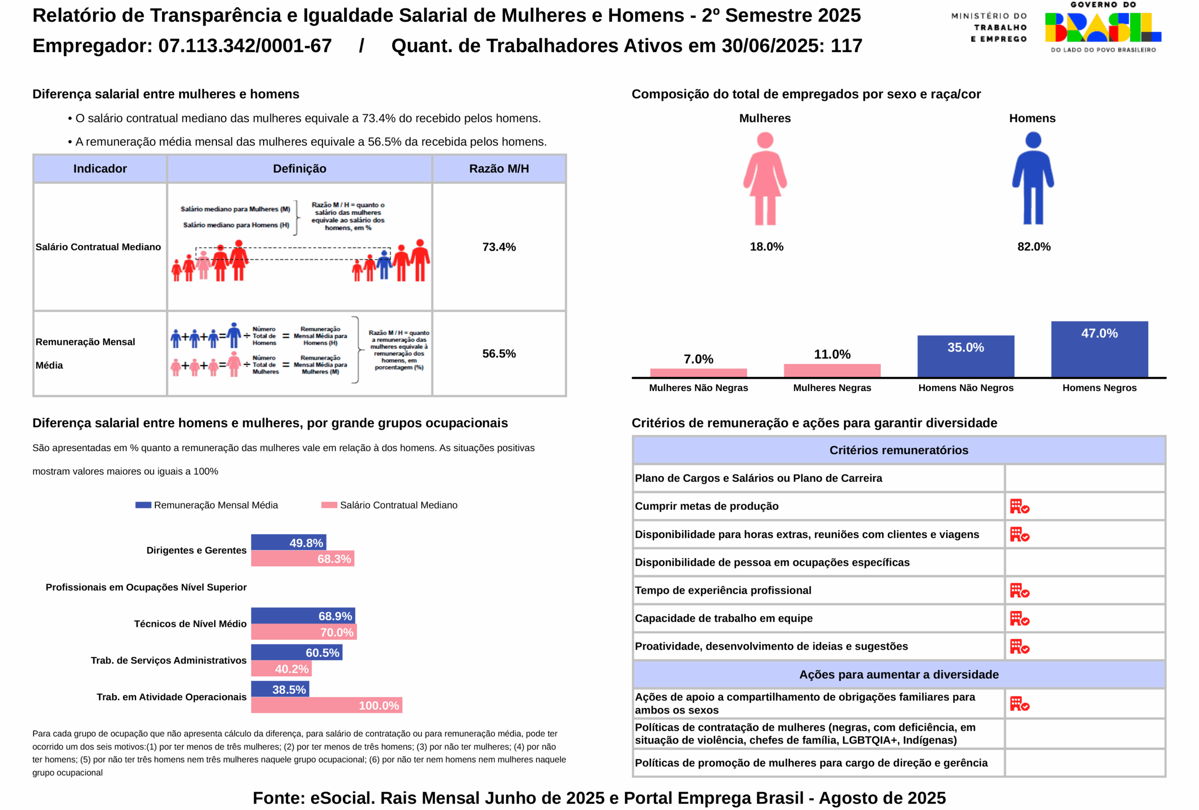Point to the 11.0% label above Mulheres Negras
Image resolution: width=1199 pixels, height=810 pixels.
tap(832, 354)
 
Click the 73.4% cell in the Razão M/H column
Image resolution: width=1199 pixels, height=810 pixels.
tap(499, 247)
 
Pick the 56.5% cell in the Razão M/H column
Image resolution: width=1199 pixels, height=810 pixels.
tap(499, 353)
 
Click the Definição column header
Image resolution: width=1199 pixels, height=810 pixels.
tap(299, 168)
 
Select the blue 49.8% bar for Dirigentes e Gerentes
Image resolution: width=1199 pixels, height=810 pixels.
tap(289, 542)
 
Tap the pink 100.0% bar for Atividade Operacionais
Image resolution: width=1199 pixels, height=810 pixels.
tap(326, 705)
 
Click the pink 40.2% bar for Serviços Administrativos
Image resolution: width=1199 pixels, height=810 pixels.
tap(281, 668)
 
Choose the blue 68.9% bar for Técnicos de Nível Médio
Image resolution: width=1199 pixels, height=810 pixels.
tap(303, 615)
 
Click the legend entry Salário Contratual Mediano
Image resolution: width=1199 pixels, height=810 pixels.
tap(398, 505)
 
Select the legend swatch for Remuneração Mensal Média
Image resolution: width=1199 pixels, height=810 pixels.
tap(143, 505)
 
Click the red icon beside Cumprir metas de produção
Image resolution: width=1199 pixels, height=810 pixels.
tap(1019, 506)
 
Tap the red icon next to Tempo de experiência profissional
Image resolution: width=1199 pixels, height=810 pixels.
tap(1019, 590)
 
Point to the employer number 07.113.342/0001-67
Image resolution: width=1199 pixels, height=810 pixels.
tap(244, 45)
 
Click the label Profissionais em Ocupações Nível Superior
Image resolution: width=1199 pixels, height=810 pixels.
tap(146, 587)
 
